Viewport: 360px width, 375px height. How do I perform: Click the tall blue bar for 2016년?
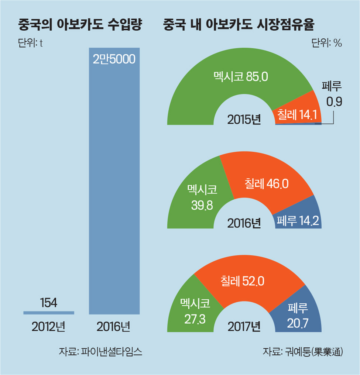tap(114, 185)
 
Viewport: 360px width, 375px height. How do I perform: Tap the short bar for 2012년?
tap(49, 313)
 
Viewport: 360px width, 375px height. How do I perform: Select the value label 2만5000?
tap(114, 59)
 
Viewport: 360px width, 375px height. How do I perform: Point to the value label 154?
tap(48, 303)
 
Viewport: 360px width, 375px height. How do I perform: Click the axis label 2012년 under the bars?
tap(48, 326)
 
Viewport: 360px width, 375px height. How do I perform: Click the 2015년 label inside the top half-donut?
tap(244, 120)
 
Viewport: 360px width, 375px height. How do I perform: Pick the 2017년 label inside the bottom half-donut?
tap(244, 327)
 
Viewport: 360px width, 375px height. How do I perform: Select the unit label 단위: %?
tap(326, 43)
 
